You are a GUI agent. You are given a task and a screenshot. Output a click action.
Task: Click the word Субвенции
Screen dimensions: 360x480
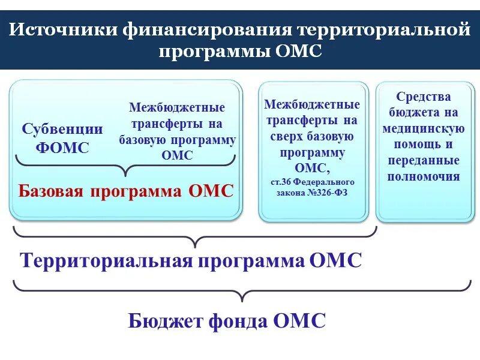point(62,129)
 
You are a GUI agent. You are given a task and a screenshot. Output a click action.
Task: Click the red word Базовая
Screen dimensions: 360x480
point(52,191)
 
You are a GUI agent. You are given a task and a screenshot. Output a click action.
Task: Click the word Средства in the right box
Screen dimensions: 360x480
point(424,97)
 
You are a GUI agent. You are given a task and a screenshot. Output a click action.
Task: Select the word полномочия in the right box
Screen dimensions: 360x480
point(424,176)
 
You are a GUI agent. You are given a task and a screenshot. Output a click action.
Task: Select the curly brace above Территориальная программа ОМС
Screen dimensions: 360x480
point(195,236)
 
